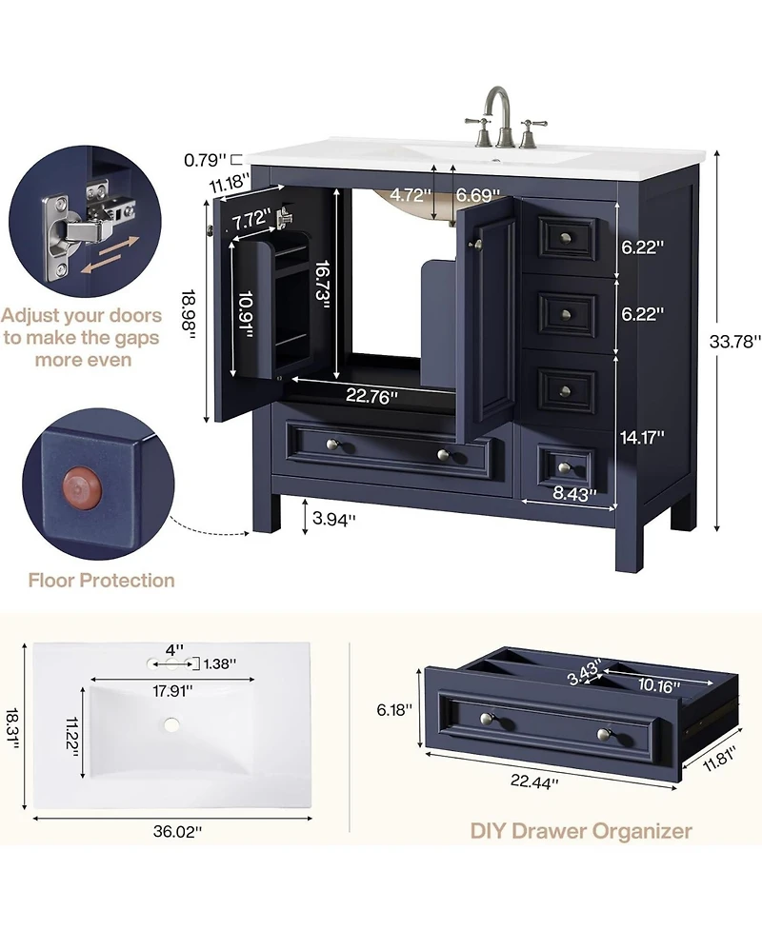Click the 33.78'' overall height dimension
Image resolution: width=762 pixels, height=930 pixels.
pyautogui.click(x=734, y=342)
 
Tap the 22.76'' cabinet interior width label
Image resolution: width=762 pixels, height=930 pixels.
pyautogui.click(x=371, y=396)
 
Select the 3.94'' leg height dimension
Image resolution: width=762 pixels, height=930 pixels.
pyautogui.click(x=333, y=519)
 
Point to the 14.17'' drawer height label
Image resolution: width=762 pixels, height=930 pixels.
pyautogui.click(x=642, y=438)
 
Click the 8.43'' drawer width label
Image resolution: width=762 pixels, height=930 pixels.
pyautogui.click(x=574, y=493)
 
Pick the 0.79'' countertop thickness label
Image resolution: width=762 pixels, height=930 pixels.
pyautogui.click(x=206, y=160)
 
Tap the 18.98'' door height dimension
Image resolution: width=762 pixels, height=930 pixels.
pyautogui.click(x=189, y=315)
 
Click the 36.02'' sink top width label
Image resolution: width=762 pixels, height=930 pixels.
pyautogui.click(x=177, y=832)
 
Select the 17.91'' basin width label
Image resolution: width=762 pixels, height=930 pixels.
pyautogui.click(x=171, y=691)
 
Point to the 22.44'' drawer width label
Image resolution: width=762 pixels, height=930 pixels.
pyautogui.click(x=534, y=782)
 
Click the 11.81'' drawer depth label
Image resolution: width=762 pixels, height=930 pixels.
pyautogui.click(x=719, y=760)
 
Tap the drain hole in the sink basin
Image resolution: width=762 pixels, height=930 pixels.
pyautogui.click(x=171, y=724)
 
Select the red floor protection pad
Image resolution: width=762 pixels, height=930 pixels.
pyautogui.click(x=83, y=488)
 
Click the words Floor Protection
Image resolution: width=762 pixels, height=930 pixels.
pyautogui.click(x=102, y=580)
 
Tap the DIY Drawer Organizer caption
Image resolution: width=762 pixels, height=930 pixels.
pyautogui.click(x=581, y=831)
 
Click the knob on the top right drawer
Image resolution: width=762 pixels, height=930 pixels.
pyautogui.click(x=566, y=238)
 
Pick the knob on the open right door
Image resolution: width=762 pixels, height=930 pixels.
pyautogui.click(x=474, y=244)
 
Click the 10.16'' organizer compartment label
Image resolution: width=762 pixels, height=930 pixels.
pyautogui.click(x=658, y=685)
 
